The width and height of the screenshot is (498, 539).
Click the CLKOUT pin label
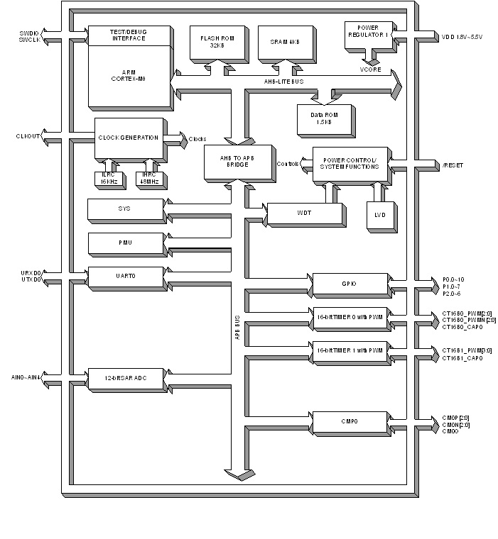pos(28,135)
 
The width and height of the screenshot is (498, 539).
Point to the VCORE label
pos(370,70)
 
